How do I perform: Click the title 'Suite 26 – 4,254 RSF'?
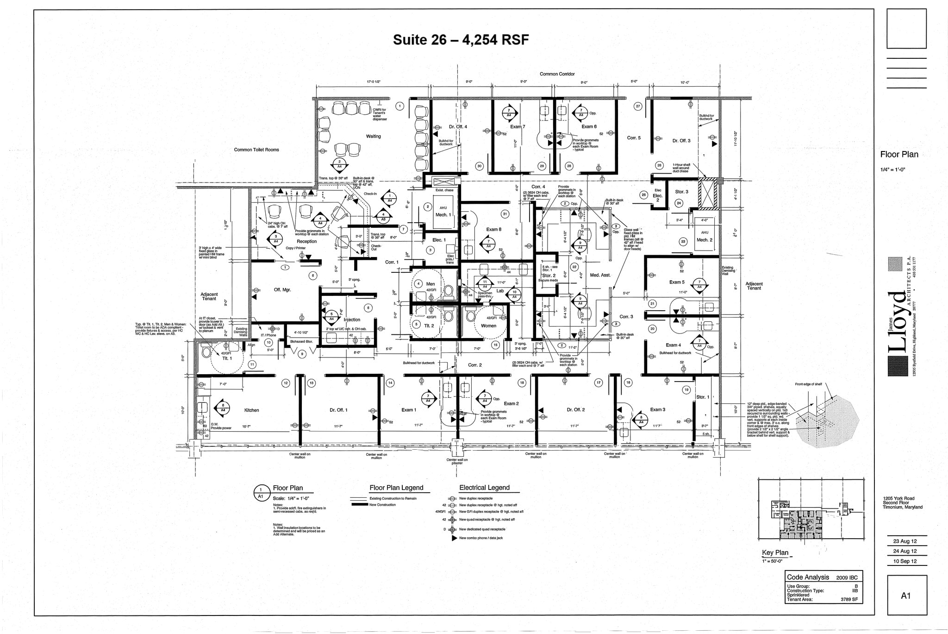[461, 40]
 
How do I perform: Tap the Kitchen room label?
[251, 410]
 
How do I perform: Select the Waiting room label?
[373, 137]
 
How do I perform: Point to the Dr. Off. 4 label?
[458, 127]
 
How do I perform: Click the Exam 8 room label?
[493, 230]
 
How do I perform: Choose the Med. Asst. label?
[600, 275]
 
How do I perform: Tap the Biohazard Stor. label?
[301, 342]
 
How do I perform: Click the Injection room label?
[352, 320]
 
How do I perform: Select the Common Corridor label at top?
[557, 74]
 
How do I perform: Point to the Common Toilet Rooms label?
[256, 150]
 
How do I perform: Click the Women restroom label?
[488, 326]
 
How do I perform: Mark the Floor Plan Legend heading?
[396, 488]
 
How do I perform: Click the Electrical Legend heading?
[484, 488]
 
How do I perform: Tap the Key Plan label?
[775, 553]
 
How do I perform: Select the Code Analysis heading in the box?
[808, 577]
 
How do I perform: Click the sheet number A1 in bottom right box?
[906, 596]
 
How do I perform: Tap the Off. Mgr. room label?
[282, 290]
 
